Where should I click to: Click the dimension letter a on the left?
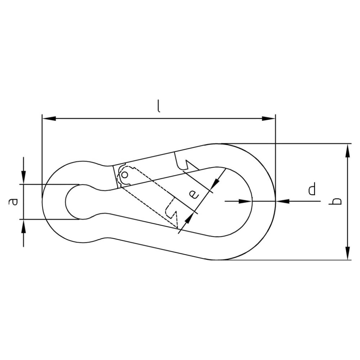[x=13, y=202]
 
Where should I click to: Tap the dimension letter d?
[x=312, y=189]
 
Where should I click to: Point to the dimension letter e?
[x=194, y=194]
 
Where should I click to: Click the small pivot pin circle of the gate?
[x=125, y=175]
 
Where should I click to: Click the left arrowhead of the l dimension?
[x=49, y=118]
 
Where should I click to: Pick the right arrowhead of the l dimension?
[x=269, y=118]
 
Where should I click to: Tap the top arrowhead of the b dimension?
[x=348, y=150]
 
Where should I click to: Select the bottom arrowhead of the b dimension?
[x=348, y=253]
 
